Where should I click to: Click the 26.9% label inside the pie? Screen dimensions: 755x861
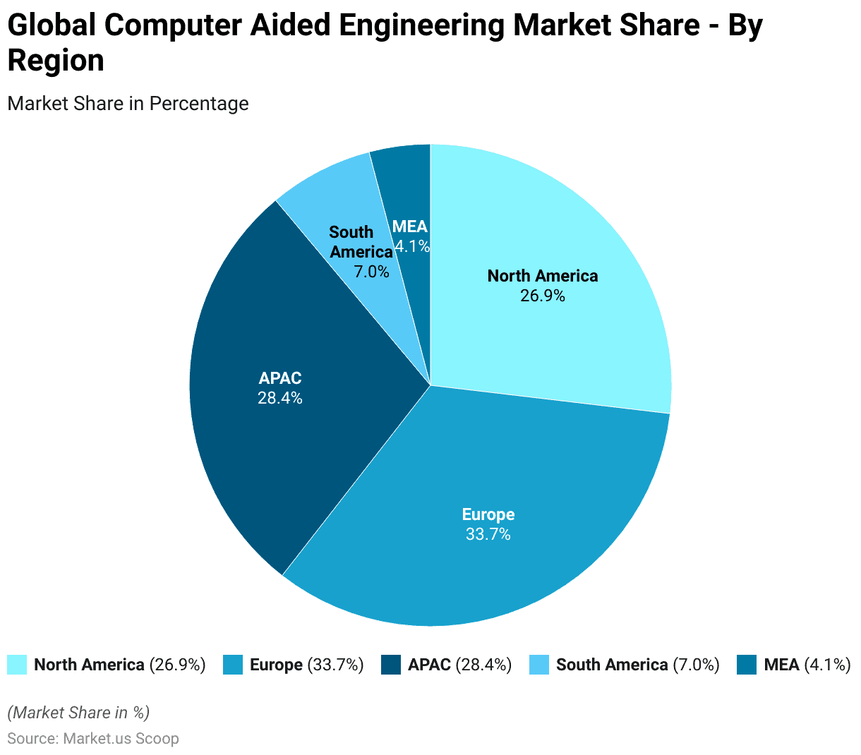543,296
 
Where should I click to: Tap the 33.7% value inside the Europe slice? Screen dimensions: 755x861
488,534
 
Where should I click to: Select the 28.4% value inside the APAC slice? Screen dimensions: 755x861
279,398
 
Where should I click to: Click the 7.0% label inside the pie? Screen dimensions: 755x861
371,271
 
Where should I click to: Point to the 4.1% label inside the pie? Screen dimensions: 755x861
412,246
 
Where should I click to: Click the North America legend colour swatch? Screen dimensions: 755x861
17,665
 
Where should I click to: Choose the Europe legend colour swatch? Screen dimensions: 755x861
233,665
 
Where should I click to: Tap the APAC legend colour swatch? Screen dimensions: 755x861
391,665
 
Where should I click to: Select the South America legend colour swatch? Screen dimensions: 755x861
539,665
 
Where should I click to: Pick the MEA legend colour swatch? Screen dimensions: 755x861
747,665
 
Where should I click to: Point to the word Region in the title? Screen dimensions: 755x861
56,61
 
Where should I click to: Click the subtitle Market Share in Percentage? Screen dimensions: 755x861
128,103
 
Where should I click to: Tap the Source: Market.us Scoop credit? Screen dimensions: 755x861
92,738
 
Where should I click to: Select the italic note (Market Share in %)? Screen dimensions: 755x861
78,712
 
